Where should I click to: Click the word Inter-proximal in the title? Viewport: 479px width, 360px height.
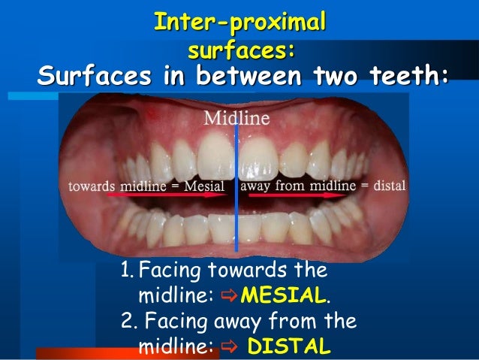coord(239,23)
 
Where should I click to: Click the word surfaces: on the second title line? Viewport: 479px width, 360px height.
coord(239,50)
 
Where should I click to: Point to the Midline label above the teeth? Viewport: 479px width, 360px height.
coord(236,118)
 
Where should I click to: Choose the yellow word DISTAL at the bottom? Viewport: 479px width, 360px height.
coord(289,347)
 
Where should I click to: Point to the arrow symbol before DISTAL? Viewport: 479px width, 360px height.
coord(229,347)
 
